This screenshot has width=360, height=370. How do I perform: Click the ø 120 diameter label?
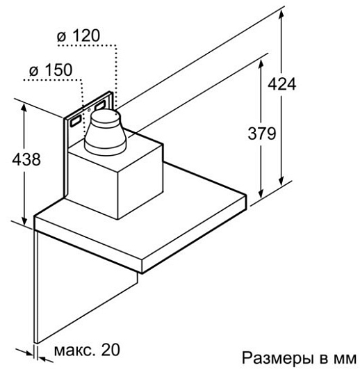79,36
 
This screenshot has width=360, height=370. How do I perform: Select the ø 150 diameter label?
51,70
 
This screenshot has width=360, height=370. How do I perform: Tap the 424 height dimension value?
281,83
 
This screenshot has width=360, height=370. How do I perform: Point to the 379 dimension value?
262,134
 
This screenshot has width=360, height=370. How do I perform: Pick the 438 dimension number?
26,159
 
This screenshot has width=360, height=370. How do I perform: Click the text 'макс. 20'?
87,349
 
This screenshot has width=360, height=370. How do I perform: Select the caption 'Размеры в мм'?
299,358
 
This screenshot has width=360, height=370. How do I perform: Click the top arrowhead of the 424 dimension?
281,14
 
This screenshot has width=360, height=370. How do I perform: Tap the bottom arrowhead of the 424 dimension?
281,180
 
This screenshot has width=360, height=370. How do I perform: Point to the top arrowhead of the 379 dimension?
261,64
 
